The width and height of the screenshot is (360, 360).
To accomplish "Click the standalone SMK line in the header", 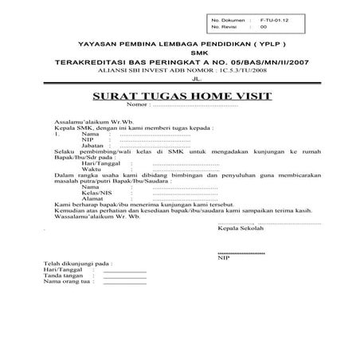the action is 181,51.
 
